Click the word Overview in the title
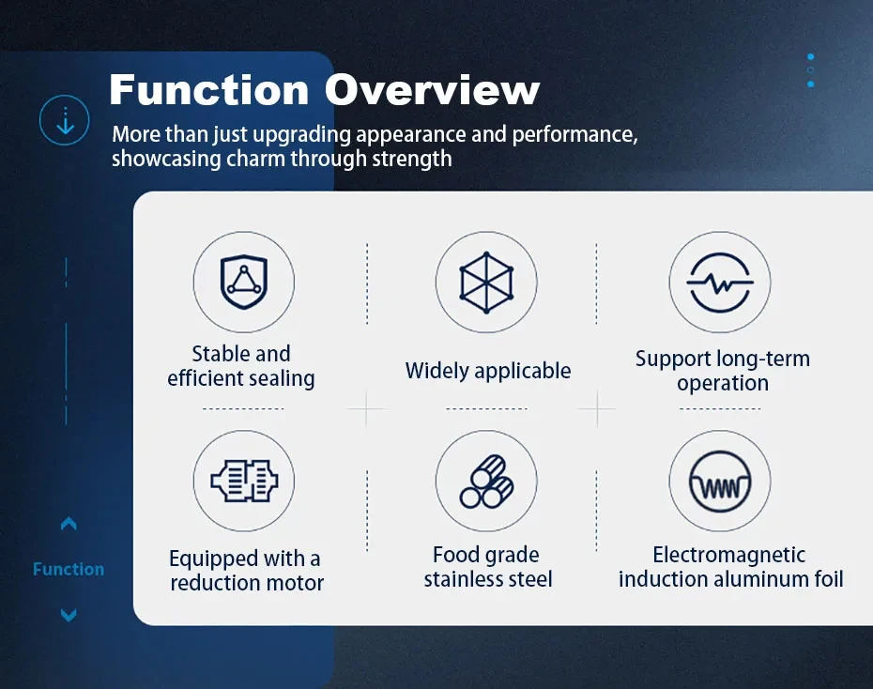(x=432, y=89)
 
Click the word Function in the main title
(x=209, y=89)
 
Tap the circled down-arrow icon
(x=65, y=120)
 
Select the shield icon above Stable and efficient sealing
(x=244, y=282)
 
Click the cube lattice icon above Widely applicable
(x=486, y=283)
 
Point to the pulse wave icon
(x=720, y=283)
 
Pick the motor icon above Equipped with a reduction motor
(x=244, y=481)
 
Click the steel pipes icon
(x=486, y=482)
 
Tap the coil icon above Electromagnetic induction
(x=720, y=482)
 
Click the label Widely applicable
(x=488, y=371)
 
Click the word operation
(x=723, y=384)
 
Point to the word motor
(x=295, y=583)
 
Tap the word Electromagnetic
(x=728, y=555)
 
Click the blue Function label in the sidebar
(x=69, y=570)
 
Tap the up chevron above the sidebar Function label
(x=69, y=524)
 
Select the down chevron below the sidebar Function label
(x=69, y=615)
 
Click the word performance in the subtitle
(x=574, y=135)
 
